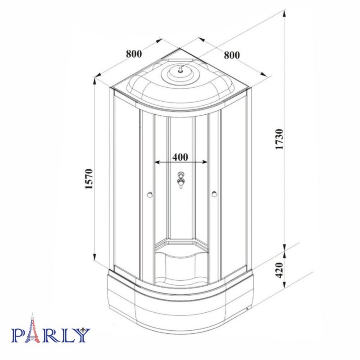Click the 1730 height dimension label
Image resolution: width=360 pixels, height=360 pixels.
(280, 139)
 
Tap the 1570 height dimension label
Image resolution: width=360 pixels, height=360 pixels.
(89, 179)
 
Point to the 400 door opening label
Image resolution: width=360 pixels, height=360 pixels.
(180, 157)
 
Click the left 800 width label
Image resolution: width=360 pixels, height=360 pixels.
(134, 54)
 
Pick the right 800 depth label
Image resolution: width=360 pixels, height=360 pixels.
(232, 55)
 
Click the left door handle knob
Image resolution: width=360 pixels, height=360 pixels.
(150, 195)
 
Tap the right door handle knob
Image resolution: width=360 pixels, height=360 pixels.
(215, 194)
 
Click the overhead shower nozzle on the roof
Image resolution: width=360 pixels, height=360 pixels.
(180, 69)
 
